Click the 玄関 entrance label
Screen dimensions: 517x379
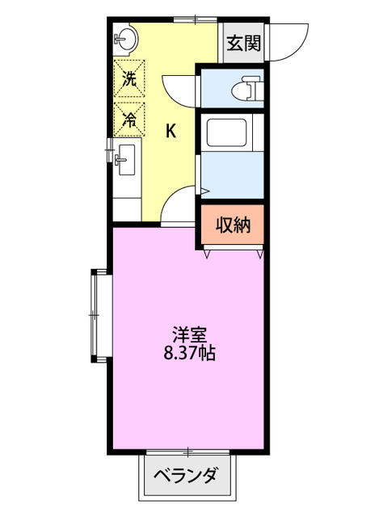[243, 44]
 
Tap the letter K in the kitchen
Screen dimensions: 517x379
[171, 131]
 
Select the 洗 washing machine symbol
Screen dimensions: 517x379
[128, 79]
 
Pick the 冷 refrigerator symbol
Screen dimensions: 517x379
[128, 120]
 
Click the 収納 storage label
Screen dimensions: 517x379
[233, 225]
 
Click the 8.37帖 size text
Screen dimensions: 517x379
[189, 354]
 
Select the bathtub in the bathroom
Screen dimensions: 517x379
[229, 132]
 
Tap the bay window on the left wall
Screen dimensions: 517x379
[96, 315]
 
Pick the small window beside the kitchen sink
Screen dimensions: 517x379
[109, 149]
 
